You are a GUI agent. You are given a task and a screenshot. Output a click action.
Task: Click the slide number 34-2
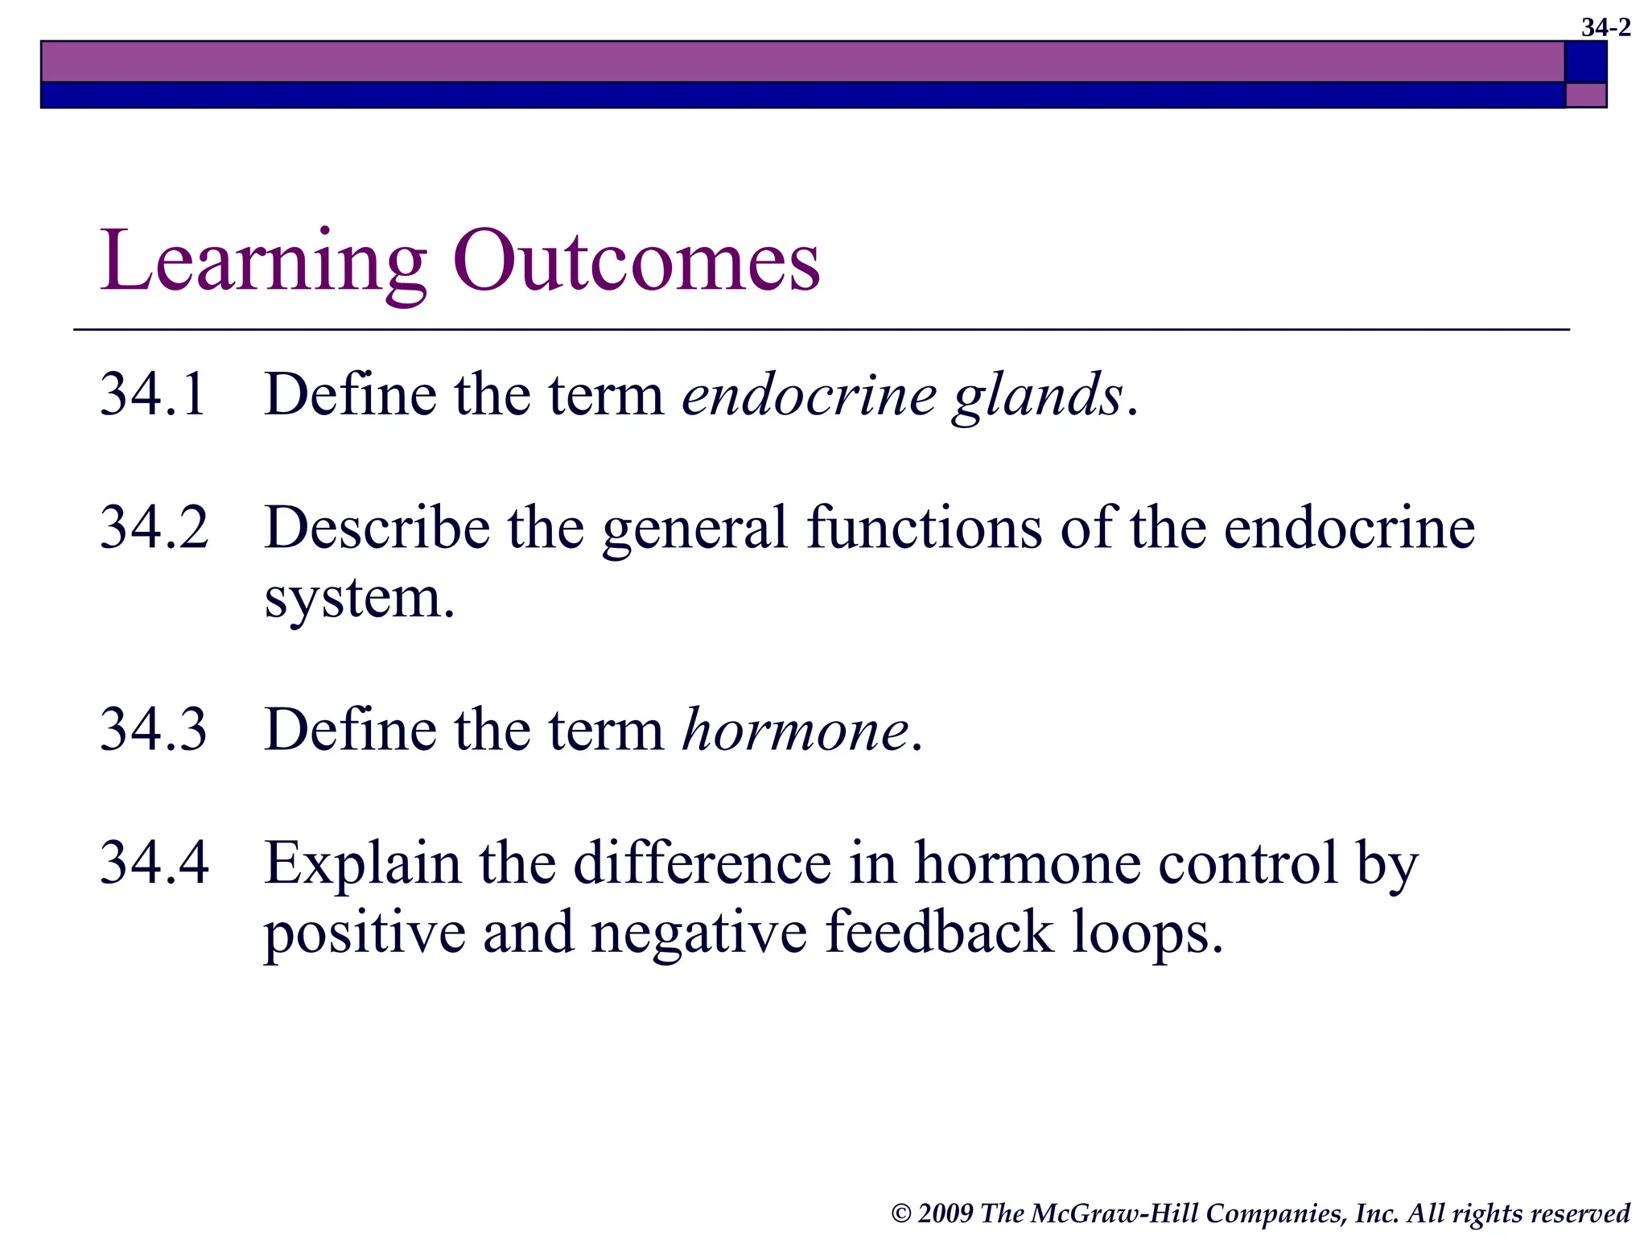pos(1605,28)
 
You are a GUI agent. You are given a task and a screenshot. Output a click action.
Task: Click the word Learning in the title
pos(262,262)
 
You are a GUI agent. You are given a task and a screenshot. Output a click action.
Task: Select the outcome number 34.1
pos(154,394)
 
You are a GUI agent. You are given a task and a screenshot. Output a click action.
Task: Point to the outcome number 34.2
pos(154,528)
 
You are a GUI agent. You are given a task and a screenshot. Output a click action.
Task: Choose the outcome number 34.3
pos(154,729)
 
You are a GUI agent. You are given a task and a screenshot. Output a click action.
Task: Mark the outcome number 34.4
pos(154,863)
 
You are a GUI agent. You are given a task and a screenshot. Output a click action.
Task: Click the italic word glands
pos(1038,396)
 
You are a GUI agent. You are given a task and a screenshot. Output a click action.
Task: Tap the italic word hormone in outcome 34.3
pos(795,730)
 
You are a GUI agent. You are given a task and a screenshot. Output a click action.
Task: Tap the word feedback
pos(939,933)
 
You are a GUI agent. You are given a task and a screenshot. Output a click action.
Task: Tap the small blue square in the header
pos(1586,62)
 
